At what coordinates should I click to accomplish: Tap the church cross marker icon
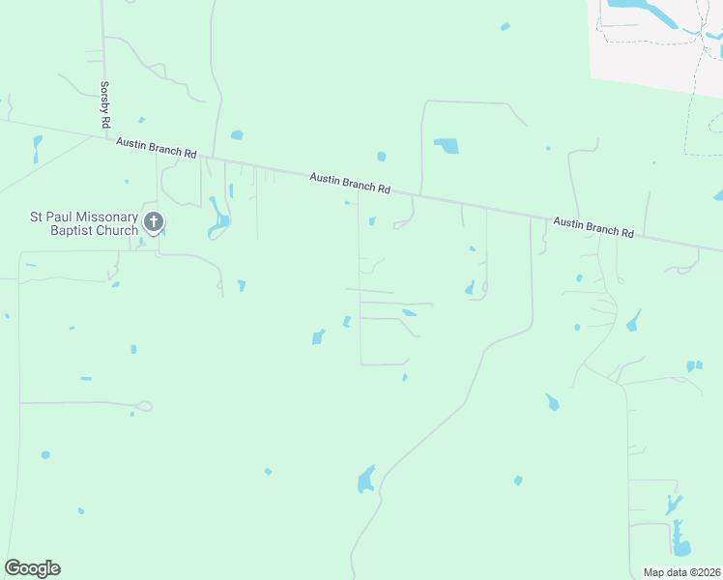[153, 223]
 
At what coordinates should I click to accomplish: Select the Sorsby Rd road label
[105, 103]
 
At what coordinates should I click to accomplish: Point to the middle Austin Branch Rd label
[349, 182]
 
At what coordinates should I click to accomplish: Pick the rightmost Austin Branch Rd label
[593, 227]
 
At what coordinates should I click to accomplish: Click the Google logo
[32, 568]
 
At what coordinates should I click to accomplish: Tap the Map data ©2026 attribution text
[682, 572]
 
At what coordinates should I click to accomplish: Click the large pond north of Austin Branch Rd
[447, 146]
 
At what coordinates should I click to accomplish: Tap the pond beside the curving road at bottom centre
[366, 479]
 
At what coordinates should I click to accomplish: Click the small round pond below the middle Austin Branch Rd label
[381, 156]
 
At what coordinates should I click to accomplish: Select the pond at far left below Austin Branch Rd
[38, 147]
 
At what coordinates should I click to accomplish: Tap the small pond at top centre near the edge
[505, 26]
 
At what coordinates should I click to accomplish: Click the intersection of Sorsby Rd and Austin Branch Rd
[106, 136]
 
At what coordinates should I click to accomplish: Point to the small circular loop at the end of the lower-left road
[145, 407]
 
